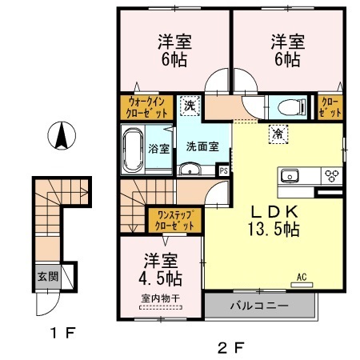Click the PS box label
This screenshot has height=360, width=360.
point(223,170)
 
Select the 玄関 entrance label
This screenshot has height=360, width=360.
point(46,277)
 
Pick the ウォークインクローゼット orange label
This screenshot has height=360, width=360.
point(146,107)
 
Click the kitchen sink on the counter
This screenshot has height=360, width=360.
point(289,176)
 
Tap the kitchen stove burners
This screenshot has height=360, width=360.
point(331,176)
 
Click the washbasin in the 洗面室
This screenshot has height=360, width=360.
point(190,168)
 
